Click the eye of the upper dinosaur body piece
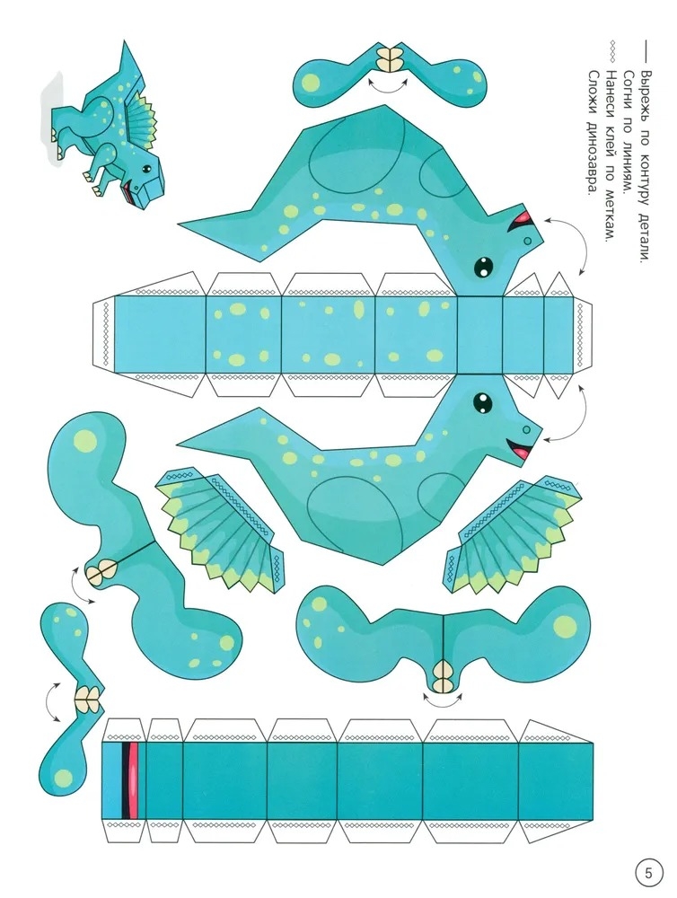tap(483, 266)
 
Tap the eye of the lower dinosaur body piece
tap(483, 401)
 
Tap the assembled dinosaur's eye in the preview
tap(146, 169)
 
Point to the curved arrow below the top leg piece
tap(388, 87)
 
